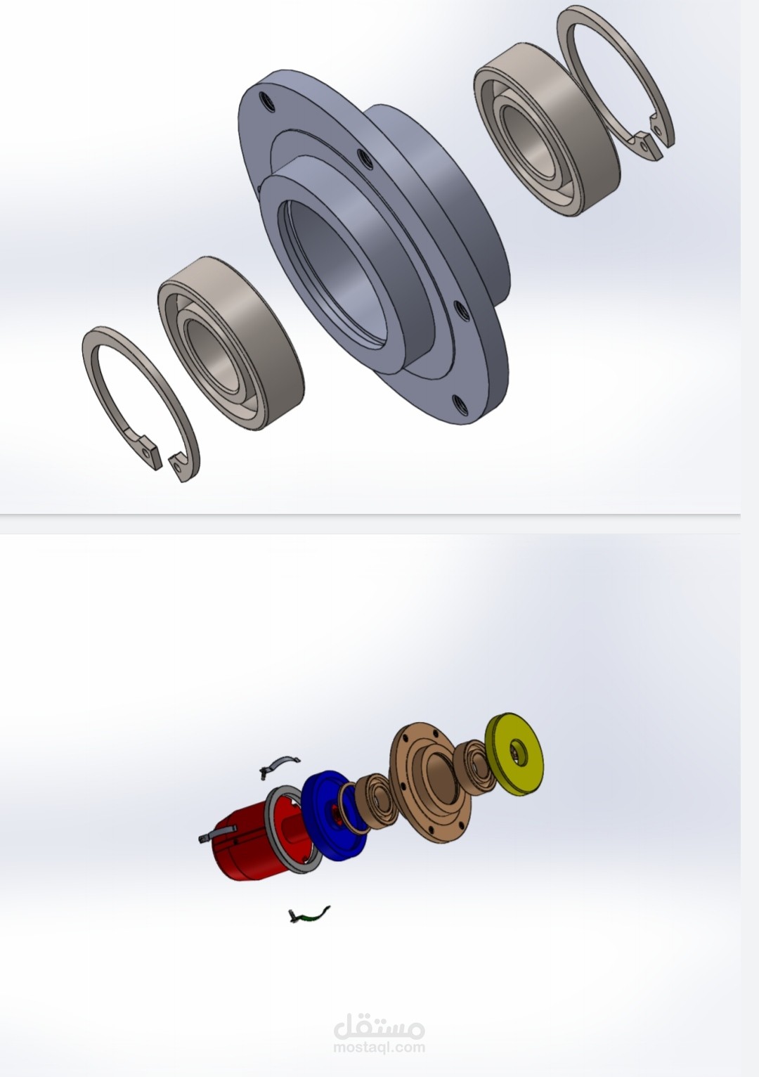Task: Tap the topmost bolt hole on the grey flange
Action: click(x=266, y=101)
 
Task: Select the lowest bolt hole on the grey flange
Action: click(x=460, y=405)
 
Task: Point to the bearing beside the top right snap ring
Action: click(x=548, y=130)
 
